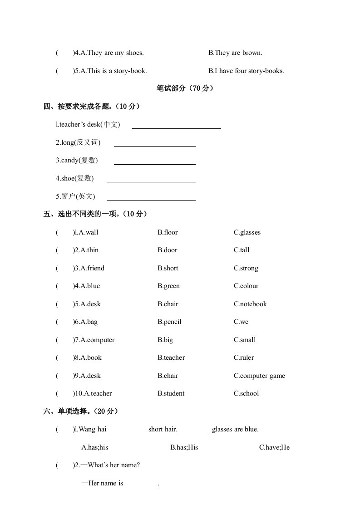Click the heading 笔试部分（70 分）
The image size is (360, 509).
(x=185, y=88)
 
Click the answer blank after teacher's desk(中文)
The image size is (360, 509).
(x=176, y=126)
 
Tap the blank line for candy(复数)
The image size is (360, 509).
(x=154, y=162)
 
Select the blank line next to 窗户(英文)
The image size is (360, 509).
(x=151, y=197)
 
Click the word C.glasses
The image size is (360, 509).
(x=247, y=232)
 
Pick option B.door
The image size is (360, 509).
(x=168, y=250)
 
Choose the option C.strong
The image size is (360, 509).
(x=246, y=268)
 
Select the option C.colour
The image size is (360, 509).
(x=246, y=286)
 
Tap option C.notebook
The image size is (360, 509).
(x=250, y=304)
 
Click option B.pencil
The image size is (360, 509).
(x=169, y=322)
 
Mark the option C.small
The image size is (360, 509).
(x=245, y=340)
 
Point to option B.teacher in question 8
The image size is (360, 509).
(x=171, y=357)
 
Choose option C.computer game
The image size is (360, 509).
(x=259, y=376)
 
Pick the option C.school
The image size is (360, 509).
(x=246, y=393)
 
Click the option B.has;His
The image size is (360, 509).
(x=184, y=447)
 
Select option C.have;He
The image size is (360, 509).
(x=274, y=447)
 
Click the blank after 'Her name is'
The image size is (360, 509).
(x=140, y=484)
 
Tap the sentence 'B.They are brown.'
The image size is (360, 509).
(x=235, y=53)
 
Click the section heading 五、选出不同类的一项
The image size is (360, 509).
(x=95, y=214)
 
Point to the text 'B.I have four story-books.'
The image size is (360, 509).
(x=246, y=71)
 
